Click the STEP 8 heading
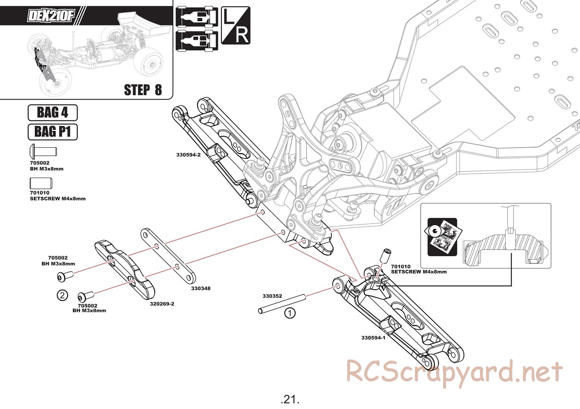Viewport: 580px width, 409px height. pyautogui.click(x=143, y=90)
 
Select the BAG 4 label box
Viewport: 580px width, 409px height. pyautogui.click(x=53, y=113)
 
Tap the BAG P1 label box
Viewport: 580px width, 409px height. pyautogui.click(x=53, y=132)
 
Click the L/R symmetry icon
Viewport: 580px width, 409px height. pyautogui.click(x=235, y=25)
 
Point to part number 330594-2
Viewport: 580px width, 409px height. pyautogui.click(x=188, y=155)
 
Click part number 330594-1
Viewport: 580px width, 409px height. pyautogui.click(x=374, y=337)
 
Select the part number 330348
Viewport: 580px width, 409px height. pyautogui.click(x=201, y=288)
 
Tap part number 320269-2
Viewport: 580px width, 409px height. pyautogui.click(x=162, y=304)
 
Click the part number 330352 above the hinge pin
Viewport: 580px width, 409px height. pyautogui.click(x=272, y=296)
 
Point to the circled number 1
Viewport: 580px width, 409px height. pyautogui.click(x=290, y=313)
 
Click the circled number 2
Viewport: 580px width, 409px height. pyautogui.click(x=62, y=295)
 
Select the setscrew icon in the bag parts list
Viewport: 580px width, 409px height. pyautogui.click(x=41, y=183)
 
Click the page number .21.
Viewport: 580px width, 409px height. pyautogui.click(x=290, y=399)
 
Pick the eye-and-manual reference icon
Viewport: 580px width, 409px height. pyautogui.click(x=442, y=237)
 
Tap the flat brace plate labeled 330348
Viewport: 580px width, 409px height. pyautogui.click(x=168, y=256)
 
